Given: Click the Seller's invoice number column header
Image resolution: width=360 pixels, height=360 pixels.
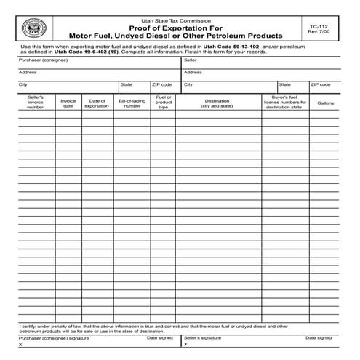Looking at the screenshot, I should pyautogui.click(x=36, y=102).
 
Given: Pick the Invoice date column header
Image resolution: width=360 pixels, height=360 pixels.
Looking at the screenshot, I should pyautogui.click(x=68, y=103).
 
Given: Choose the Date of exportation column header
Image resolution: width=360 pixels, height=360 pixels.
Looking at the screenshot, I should pyautogui.click(x=97, y=103).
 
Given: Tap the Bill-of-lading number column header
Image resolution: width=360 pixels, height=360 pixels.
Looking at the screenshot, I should pyautogui.click(x=132, y=103).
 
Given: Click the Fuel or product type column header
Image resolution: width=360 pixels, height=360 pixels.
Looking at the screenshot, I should pyautogui.click(x=164, y=102).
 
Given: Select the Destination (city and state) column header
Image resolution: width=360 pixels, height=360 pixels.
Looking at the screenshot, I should pyautogui.click(x=217, y=103).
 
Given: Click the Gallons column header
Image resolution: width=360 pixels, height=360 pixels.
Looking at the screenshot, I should pyautogui.click(x=325, y=103).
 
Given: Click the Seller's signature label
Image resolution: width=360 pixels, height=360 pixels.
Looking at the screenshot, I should pyautogui.click(x=203, y=338).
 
